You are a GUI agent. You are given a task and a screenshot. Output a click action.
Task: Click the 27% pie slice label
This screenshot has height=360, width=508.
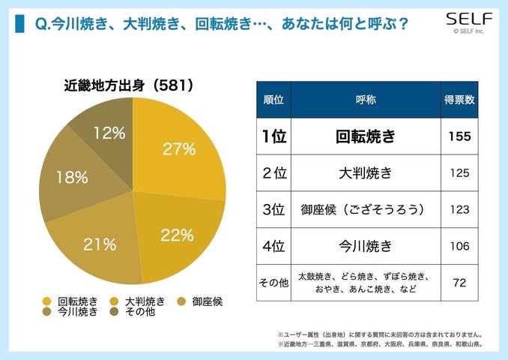(x=180, y=149)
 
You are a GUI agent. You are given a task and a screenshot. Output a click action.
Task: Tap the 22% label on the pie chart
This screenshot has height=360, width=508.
(x=177, y=235)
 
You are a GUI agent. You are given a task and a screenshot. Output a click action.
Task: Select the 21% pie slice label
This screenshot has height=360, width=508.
(x=100, y=244)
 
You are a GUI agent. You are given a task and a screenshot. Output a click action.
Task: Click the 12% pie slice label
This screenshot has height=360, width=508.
(x=109, y=133)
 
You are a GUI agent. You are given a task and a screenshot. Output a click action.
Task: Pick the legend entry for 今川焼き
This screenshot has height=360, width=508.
(x=71, y=312)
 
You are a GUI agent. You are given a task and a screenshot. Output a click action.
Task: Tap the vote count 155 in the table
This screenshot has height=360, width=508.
(x=459, y=137)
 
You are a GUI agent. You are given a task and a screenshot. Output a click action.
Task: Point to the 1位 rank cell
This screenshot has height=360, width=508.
(x=273, y=137)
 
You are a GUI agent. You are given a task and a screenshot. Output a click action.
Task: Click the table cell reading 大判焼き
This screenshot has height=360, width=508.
(x=365, y=173)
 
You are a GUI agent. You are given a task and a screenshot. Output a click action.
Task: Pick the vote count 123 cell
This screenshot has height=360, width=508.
(x=459, y=209)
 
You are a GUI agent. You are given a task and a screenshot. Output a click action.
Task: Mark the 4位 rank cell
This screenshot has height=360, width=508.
(x=273, y=245)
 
